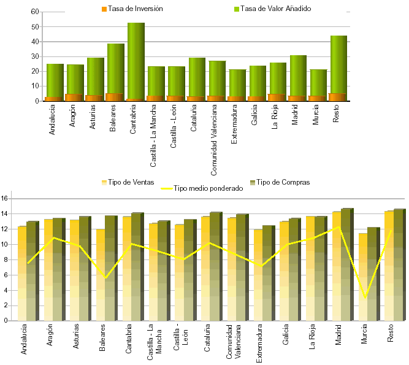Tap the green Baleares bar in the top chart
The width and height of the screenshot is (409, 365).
click(116, 67)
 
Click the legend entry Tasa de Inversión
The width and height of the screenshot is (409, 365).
click(131, 9)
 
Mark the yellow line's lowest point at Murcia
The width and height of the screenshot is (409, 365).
click(365, 298)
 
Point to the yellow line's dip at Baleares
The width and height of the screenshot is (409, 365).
click(105, 278)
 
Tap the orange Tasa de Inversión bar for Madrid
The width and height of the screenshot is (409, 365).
click(297, 98)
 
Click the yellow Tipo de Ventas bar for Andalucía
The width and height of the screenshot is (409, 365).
click(22, 273)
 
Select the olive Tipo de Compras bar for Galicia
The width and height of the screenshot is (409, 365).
click(294, 270)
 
